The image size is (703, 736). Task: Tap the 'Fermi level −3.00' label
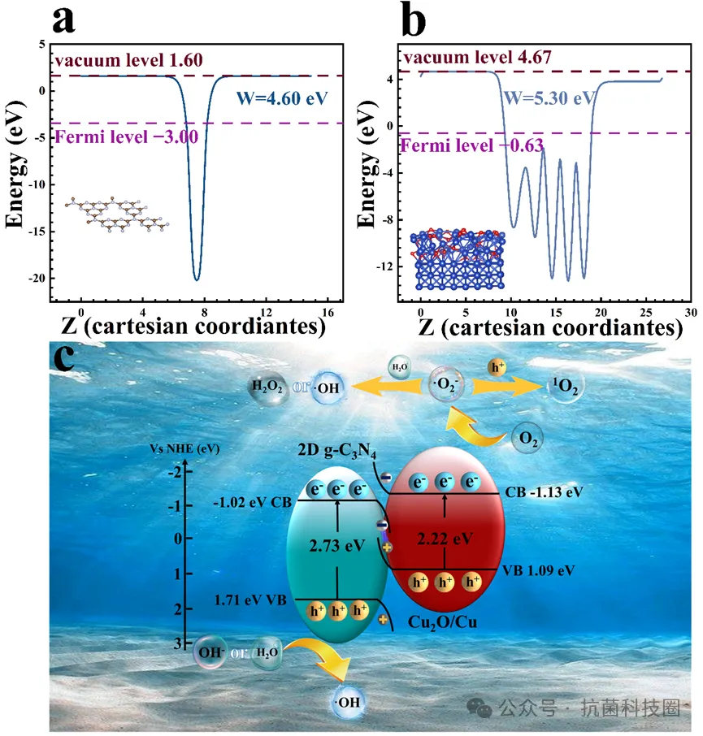click(128, 136)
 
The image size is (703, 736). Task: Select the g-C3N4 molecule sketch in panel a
click(118, 214)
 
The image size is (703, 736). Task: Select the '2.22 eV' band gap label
click(446, 538)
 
